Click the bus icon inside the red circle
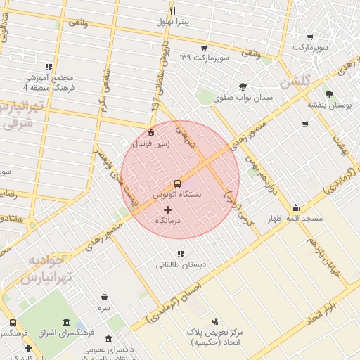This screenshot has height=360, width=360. click(x=178, y=182)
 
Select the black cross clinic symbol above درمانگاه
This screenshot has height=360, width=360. click(x=167, y=210)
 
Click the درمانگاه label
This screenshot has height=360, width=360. click(x=167, y=220)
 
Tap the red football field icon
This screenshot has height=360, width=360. click(x=151, y=133)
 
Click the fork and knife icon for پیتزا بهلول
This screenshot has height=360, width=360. click(x=173, y=11)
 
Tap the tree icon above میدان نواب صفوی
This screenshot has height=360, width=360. click(x=243, y=86)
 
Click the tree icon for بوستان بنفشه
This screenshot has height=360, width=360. click(x=328, y=94)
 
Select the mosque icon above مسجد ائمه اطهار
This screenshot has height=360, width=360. click(x=295, y=208)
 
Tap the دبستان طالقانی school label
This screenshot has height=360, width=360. click(x=181, y=265)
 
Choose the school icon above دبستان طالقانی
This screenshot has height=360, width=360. click(x=181, y=254)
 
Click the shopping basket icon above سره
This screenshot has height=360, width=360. click(x=105, y=297)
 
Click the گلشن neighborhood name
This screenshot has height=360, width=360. click(x=295, y=84)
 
